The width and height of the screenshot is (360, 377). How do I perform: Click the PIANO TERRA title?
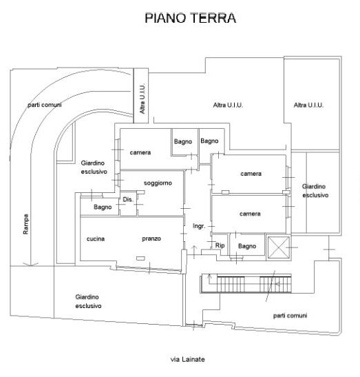click(x=190, y=18)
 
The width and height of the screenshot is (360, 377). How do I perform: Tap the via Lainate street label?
click(x=187, y=360)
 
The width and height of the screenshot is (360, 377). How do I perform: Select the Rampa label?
click(x=25, y=224)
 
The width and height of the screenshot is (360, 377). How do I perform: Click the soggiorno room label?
click(x=158, y=183)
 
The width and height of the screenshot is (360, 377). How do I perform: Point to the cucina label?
click(x=96, y=238)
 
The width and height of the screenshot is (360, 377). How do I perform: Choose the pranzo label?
click(x=151, y=238)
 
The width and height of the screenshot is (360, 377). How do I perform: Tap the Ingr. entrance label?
click(x=199, y=226)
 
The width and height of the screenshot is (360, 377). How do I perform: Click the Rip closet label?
click(x=220, y=245)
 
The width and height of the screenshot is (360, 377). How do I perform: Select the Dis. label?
click(x=128, y=199)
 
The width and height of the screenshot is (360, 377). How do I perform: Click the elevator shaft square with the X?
click(x=279, y=247)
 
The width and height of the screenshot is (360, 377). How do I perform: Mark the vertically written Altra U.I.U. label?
click(x=142, y=99)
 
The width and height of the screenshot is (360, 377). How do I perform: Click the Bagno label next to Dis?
click(x=103, y=207)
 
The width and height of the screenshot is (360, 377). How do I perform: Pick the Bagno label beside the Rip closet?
click(x=247, y=246)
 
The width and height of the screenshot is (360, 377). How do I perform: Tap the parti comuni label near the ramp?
click(x=45, y=105)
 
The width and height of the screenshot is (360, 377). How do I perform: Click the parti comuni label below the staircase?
click(x=290, y=316)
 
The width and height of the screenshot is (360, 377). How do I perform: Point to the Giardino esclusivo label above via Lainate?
click(x=88, y=301)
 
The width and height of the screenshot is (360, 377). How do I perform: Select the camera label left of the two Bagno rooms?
click(x=140, y=152)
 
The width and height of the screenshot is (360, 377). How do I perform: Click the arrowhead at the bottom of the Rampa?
click(x=30, y=264)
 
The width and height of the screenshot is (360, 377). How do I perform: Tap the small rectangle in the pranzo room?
click(x=140, y=258)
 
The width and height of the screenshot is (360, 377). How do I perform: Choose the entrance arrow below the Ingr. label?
click(x=194, y=252)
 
